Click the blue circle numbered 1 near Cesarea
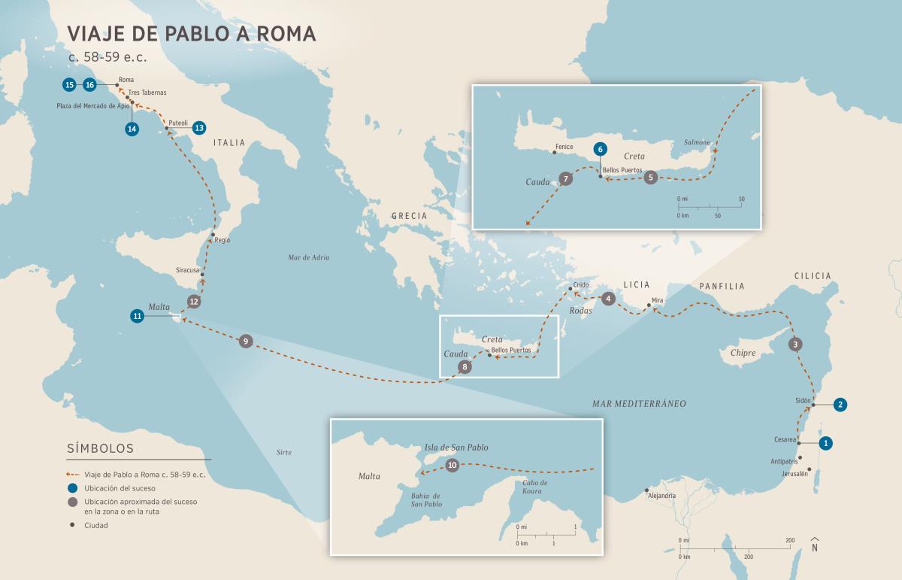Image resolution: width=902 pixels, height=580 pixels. click(825, 443)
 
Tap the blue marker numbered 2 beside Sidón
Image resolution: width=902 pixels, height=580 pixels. click(840, 404)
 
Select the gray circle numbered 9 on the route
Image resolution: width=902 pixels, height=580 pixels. click(245, 342)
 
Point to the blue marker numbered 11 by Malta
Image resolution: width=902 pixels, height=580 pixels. click(137, 316)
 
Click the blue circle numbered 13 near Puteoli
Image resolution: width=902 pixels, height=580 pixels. click(198, 128)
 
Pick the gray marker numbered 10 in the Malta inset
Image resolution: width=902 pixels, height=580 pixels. click(452, 466)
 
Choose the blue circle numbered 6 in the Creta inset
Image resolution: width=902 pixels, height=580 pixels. click(599, 149)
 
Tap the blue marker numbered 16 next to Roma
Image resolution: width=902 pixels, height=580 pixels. click(89, 85)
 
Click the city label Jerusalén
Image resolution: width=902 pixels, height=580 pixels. click(794, 474)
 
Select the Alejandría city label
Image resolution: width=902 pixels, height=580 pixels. click(661, 496)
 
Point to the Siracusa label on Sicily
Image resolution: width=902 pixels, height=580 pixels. click(187, 269)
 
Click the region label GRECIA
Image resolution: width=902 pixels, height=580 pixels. click(409, 216)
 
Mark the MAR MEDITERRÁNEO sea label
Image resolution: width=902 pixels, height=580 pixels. click(638, 404)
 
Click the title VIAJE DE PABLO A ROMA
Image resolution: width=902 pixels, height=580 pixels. click(192, 34)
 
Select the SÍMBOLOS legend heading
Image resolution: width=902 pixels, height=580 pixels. click(100, 448)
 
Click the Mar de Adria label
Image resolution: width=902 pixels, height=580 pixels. click(309, 257)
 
